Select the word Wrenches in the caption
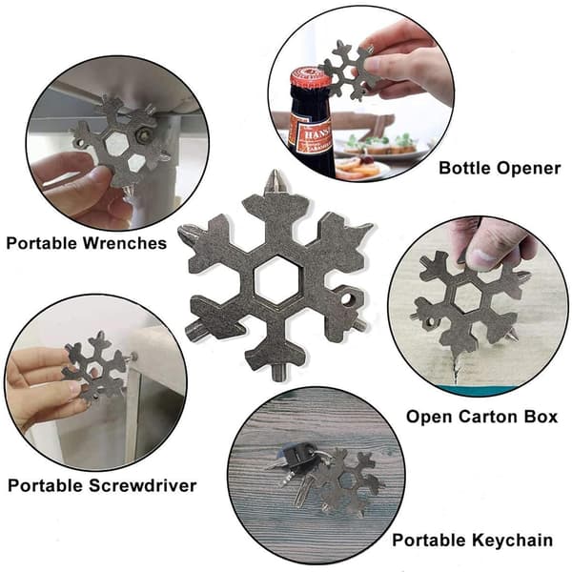pyautogui.click(x=125, y=243)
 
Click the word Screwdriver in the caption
pyautogui.click(x=142, y=485)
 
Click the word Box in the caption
pyautogui.click(x=541, y=417)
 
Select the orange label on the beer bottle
pyautogui.click(x=309, y=136)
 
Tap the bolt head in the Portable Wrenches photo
pyautogui.click(x=143, y=134)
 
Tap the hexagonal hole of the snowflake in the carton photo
pyautogui.click(x=468, y=297)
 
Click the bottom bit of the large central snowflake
pyautogui.click(x=279, y=372)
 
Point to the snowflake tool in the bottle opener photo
pyautogui.click(x=347, y=70)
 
